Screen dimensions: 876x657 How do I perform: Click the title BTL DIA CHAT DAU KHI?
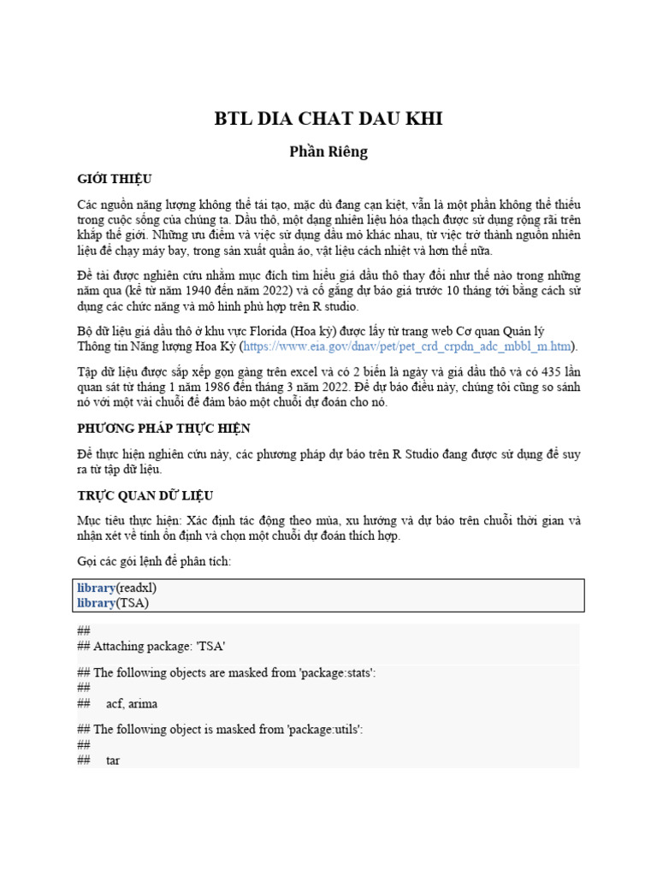click(x=328, y=119)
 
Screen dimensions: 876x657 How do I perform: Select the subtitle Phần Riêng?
click(x=328, y=151)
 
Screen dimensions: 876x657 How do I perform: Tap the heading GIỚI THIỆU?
click(x=114, y=179)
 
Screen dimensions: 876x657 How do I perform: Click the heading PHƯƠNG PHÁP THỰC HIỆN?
click(x=163, y=428)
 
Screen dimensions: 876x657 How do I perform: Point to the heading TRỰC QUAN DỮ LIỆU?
click(x=145, y=495)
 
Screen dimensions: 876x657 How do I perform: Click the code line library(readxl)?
click(x=117, y=589)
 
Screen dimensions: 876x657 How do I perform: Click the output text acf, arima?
click(x=132, y=703)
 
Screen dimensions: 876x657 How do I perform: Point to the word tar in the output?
click(x=113, y=760)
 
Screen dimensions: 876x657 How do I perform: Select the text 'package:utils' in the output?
click(x=321, y=730)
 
